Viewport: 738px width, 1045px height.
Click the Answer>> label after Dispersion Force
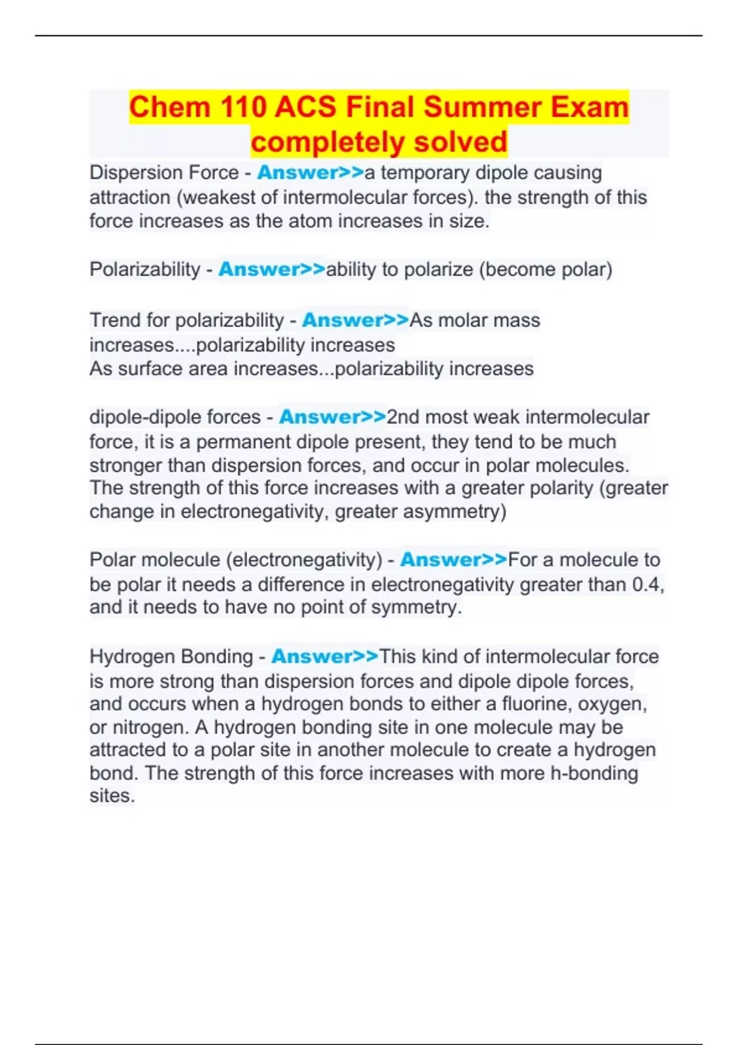(x=311, y=173)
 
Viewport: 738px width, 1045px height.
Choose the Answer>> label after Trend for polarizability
(x=355, y=320)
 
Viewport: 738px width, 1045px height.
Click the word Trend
(x=115, y=320)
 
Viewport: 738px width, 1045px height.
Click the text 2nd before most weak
(x=403, y=417)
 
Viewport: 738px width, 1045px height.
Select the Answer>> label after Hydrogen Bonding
(x=325, y=657)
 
